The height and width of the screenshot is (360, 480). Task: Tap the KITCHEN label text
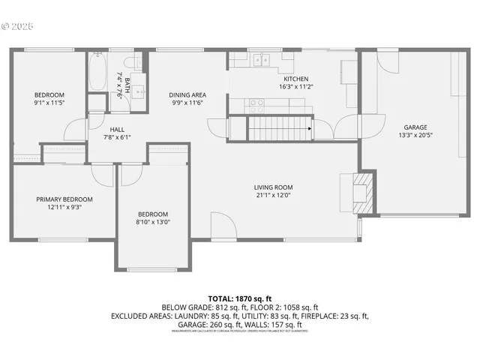295,79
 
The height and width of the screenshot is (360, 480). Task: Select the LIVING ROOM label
273,187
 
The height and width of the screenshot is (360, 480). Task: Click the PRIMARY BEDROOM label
64,199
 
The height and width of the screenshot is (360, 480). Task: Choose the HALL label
117,129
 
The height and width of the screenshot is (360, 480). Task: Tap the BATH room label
127,80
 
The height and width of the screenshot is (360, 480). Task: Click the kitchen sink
261,59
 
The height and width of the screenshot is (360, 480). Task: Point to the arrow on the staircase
308,129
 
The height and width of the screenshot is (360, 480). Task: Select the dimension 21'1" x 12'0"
273,196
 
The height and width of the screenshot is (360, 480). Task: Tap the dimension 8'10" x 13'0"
152,222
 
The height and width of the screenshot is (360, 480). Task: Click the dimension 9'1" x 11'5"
49,103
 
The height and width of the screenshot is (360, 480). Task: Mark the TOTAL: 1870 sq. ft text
239,298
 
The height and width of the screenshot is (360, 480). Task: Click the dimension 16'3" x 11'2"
295,87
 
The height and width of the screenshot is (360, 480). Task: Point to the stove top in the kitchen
258,103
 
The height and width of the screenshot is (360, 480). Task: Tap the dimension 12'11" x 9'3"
64,207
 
